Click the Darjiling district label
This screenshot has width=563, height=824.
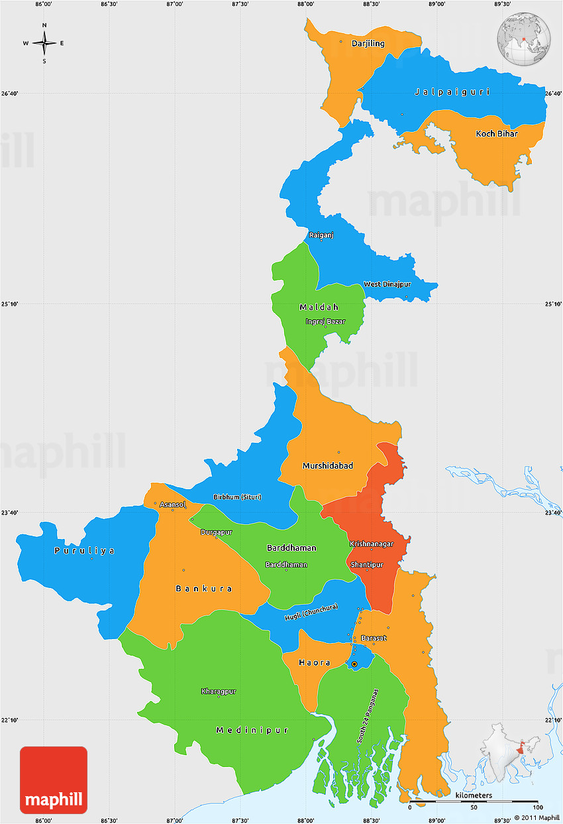coord(368,43)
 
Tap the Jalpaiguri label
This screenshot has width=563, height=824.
coord(452,91)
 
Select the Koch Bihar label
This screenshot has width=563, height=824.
coord(497,133)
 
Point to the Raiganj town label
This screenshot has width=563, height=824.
coord(321,235)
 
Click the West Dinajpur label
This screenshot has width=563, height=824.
coord(387,284)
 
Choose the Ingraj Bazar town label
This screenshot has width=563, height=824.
coord(325,322)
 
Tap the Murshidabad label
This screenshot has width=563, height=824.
coord(327,465)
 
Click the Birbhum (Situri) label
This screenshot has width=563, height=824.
coord(237,497)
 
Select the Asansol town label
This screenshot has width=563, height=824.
coord(172,504)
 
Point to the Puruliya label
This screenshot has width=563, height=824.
coord(84,550)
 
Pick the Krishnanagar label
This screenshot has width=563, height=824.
coord(372,544)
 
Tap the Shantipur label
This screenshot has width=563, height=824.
coord(367,564)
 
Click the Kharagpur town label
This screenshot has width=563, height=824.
coord(219,691)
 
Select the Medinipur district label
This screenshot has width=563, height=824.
coord(252,730)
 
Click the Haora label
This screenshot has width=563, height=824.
coord(314,662)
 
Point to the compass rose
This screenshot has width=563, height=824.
coord(44,44)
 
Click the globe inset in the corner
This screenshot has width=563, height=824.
coord(524,39)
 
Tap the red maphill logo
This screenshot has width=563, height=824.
coord(54,780)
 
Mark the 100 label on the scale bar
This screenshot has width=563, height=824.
coord(537,807)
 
